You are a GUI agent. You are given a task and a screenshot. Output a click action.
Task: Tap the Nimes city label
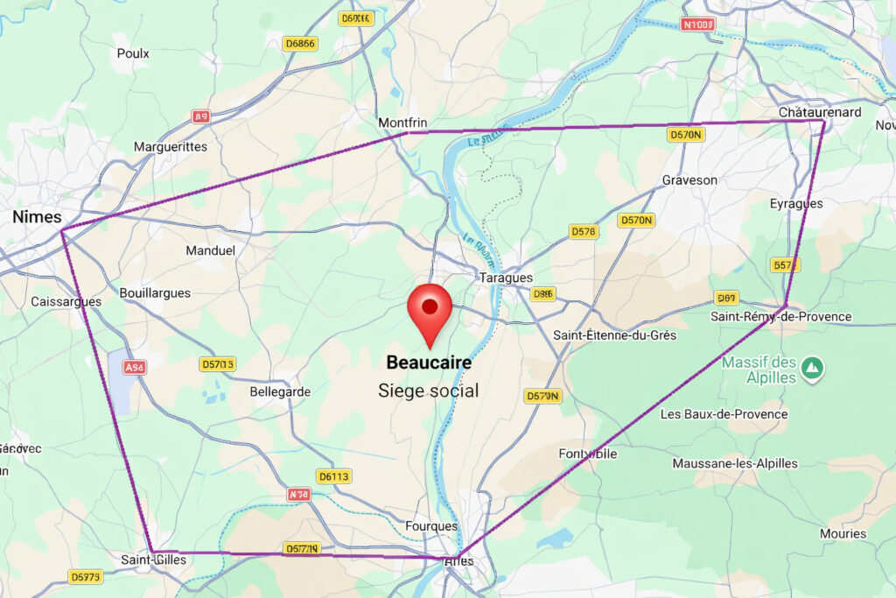37,216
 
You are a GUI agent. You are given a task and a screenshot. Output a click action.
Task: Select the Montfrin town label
402,123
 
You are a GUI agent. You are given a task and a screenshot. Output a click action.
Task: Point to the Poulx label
133,53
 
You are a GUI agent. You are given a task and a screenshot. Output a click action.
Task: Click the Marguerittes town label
171,146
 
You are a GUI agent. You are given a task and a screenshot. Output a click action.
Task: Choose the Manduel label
211,250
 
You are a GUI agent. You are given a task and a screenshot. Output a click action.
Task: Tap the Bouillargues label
155,292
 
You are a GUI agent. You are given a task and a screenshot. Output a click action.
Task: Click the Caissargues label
66,301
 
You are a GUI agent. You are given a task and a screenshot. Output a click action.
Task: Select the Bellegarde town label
280,391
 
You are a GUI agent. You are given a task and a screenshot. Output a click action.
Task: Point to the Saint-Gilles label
152,559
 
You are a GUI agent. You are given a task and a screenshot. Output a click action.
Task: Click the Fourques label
431,525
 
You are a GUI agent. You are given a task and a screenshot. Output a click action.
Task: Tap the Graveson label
689,179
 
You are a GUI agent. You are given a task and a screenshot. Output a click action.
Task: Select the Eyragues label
795,203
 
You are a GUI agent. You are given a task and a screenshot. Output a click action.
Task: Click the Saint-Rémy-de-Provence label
781,316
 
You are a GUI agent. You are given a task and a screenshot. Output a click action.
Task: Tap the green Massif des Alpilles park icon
813,365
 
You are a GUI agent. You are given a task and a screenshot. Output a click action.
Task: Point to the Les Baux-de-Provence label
724,413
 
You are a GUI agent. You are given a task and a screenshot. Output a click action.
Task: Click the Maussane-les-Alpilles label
735,462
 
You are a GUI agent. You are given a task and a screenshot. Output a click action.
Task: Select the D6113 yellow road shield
333,476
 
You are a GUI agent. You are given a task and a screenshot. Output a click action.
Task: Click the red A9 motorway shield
202,116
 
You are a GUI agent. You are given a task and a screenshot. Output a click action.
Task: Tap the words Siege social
429,390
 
